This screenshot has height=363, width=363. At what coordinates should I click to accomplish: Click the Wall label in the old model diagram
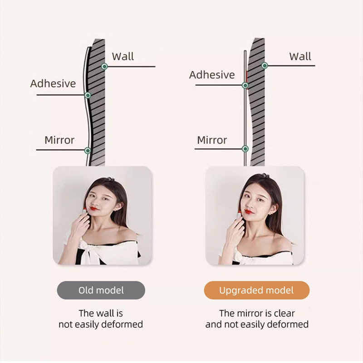(123, 56)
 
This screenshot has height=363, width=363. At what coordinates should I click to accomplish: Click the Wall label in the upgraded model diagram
(300, 56)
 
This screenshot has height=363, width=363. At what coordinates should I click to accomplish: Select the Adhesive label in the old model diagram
(53, 83)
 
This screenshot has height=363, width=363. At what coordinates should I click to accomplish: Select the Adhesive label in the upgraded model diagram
(212, 75)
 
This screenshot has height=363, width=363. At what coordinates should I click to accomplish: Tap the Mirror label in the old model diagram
(59, 140)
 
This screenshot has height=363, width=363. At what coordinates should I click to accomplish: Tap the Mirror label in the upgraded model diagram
(212, 140)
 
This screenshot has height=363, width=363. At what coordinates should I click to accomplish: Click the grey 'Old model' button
(101, 290)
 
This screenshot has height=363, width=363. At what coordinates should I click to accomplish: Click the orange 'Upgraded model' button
(256, 290)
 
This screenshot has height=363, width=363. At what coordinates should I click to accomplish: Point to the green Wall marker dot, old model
(104, 66)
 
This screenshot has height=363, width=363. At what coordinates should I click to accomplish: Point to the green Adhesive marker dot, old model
(88, 95)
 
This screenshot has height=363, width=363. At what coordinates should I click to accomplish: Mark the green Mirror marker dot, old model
(88, 150)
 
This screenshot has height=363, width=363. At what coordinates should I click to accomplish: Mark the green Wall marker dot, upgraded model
(265, 66)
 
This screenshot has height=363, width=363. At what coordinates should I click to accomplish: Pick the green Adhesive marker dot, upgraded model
(245, 85)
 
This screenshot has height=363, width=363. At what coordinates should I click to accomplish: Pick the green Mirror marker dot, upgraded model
(245, 148)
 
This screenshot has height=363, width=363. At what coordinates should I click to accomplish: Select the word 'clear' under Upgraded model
(283, 313)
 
